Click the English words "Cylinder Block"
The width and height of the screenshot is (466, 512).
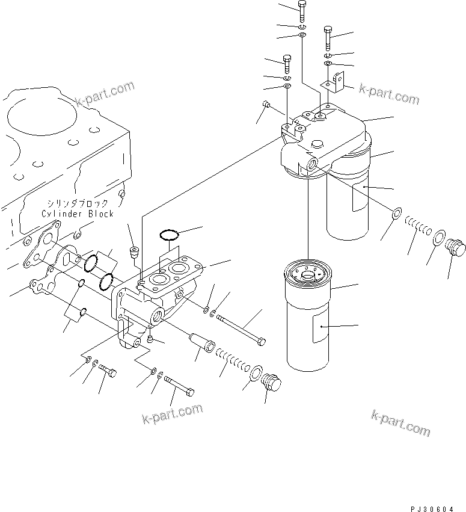point(77,214)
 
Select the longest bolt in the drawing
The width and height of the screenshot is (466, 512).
point(241,328)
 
